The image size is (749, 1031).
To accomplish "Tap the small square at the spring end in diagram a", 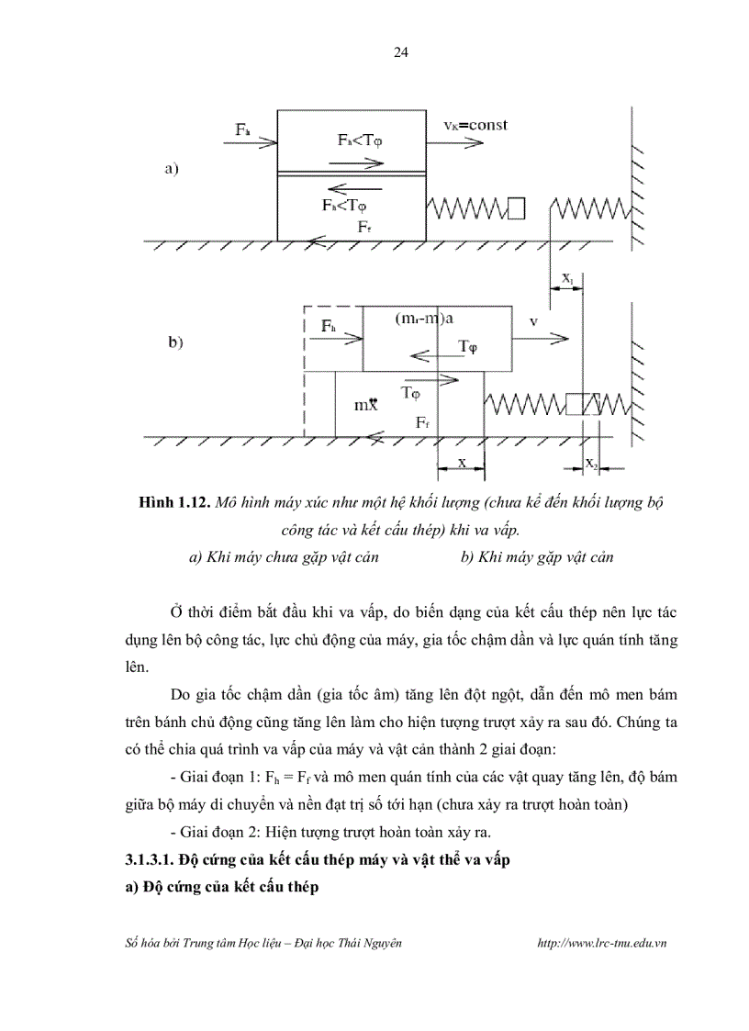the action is coord(516,209).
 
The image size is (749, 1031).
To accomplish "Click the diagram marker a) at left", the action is coord(170,168).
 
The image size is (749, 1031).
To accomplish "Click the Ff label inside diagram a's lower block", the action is coord(364,225).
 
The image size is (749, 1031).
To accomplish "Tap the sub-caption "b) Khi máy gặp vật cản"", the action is coord(537,556).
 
